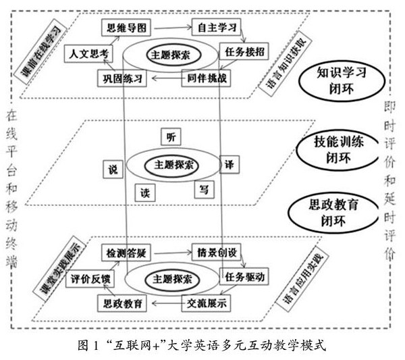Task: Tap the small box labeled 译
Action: (x=229, y=163)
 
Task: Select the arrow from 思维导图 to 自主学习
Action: (x=169, y=27)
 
